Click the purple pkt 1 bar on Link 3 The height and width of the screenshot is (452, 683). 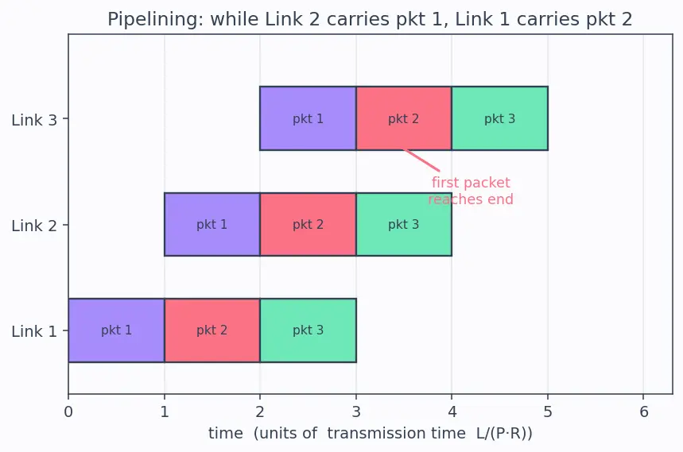[308, 118]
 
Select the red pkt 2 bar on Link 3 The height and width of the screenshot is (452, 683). [404, 118]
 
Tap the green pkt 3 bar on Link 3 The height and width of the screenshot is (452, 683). [499, 118]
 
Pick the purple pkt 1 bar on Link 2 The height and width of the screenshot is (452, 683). [212, 225]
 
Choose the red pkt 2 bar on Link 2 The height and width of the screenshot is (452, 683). [308, 225]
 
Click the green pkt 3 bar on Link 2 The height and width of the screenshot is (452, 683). [404, 225]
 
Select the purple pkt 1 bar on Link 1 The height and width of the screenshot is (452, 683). [116, 330]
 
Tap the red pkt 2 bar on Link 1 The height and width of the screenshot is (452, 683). [212, 330]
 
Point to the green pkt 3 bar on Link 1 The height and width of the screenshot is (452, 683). [308, 330]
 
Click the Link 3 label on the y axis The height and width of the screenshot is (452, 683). [34, 120]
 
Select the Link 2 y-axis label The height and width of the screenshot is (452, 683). [34, 226]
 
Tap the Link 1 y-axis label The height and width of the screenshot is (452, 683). [34, 331]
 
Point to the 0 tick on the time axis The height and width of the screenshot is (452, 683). [68, 411]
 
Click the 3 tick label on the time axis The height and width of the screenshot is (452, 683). [356, 411]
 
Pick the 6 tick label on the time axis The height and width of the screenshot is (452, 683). [644, 411]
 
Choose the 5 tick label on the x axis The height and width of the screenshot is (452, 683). [548, 411]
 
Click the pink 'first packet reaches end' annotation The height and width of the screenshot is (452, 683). [471, 191]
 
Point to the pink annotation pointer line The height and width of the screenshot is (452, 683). [421, 160]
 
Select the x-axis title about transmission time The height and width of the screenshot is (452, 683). [371, 433]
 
